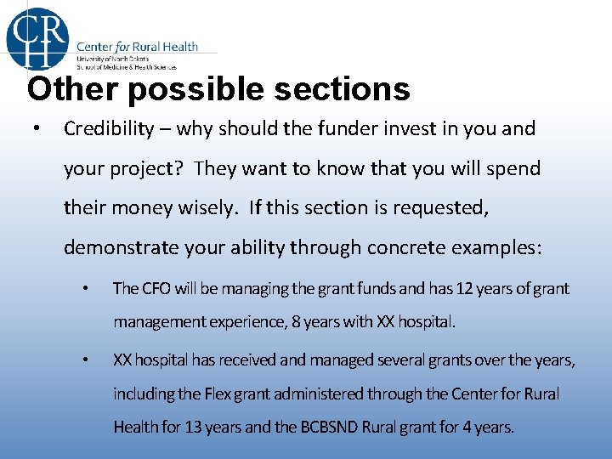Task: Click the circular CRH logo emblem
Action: coord(37,36)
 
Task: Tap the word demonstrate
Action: coord(116,247)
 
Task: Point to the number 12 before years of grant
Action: coord(465,288)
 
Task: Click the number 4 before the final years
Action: coord(467,427)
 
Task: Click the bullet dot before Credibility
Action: coord(31,130)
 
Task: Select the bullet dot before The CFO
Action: coord(84,289)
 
